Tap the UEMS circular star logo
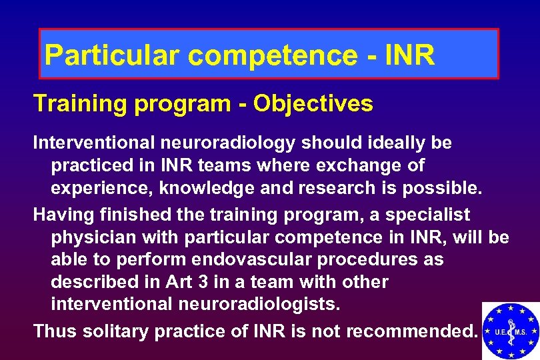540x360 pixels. point(510,331)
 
